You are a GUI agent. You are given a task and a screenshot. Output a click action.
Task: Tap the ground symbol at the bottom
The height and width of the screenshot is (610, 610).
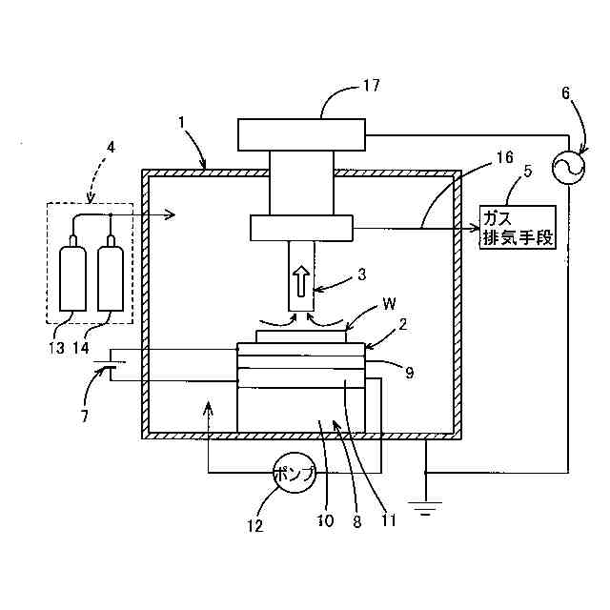pyautogui.click(x=426, y=506)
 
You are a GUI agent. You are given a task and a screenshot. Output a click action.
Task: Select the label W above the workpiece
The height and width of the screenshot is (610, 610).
pyautogui.click(x=390, y=306)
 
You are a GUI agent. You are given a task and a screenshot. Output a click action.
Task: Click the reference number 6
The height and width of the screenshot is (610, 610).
pyautogui.click(x=565, y=92)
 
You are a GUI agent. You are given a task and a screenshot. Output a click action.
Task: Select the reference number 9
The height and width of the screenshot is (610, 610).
pyautogui.click(x=409, y=373)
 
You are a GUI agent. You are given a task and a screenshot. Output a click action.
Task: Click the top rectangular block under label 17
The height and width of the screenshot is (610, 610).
pyautogui.click(x=301, y=134)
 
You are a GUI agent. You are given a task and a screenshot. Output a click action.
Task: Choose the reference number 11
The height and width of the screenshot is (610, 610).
pyautogui.click(x=389, y=521)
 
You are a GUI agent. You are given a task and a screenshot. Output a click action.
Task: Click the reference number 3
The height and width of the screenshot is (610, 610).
pyautogui.click(x=360, y=274)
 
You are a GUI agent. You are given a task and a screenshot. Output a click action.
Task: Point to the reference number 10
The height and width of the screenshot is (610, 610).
pyautogui.click(x=326, y=521)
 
